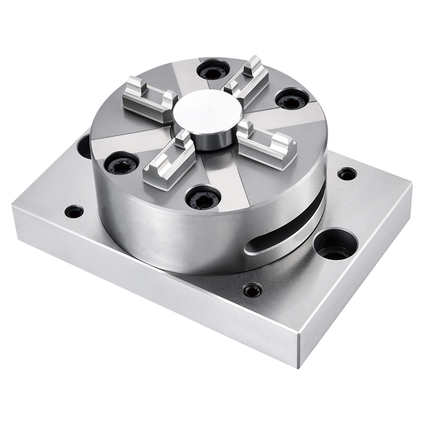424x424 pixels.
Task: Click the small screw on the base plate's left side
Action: [x=74, y=211]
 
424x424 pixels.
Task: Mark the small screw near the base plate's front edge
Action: [x=251, y=290]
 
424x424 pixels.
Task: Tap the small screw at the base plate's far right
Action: [x=347, y=173]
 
